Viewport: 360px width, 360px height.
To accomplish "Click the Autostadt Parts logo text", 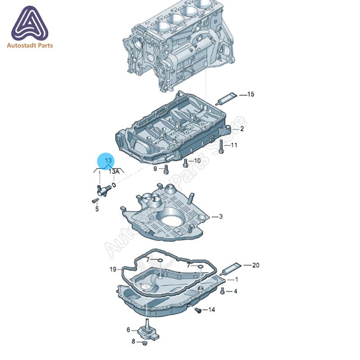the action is (30, 45).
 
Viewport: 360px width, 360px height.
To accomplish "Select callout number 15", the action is (251, 94).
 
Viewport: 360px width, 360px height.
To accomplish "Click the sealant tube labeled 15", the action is (226, 99).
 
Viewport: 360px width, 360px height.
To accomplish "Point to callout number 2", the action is (242, 129).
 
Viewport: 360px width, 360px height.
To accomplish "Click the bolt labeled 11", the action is (221, 146).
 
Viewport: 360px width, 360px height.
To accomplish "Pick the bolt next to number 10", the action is (185, 163).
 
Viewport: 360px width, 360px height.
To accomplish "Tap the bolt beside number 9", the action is (166, 170).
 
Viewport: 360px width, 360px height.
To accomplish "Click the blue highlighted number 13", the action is (108, 160).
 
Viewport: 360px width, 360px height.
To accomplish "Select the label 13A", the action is (114, 171).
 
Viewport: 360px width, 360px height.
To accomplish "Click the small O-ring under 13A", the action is (114, 184).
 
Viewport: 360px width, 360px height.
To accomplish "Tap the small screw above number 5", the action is (95, 201).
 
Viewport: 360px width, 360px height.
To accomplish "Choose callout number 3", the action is (220, 216).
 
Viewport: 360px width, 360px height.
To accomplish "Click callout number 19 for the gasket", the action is (113, 269).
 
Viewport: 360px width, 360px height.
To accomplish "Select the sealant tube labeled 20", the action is (230, 269).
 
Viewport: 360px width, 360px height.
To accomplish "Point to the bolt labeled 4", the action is (222, 291).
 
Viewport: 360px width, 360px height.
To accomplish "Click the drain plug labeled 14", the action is (198, 310).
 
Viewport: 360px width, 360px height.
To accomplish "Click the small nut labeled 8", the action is (144, 343).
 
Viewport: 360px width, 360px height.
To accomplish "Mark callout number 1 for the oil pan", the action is (237, 279).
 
